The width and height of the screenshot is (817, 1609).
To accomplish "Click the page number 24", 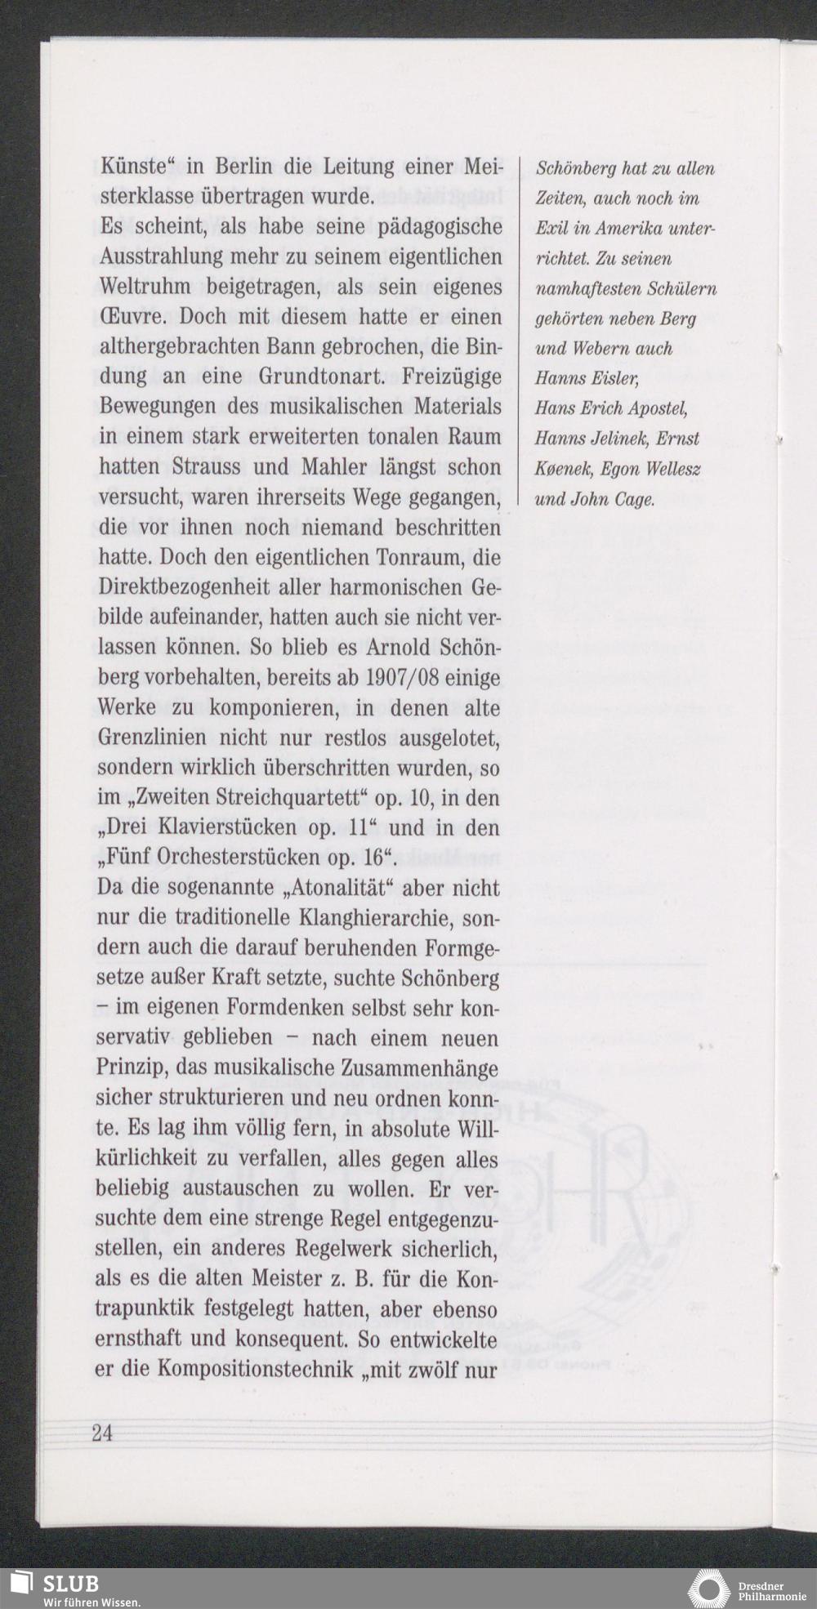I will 102,1434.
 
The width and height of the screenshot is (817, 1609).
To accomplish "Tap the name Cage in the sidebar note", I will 635,499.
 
